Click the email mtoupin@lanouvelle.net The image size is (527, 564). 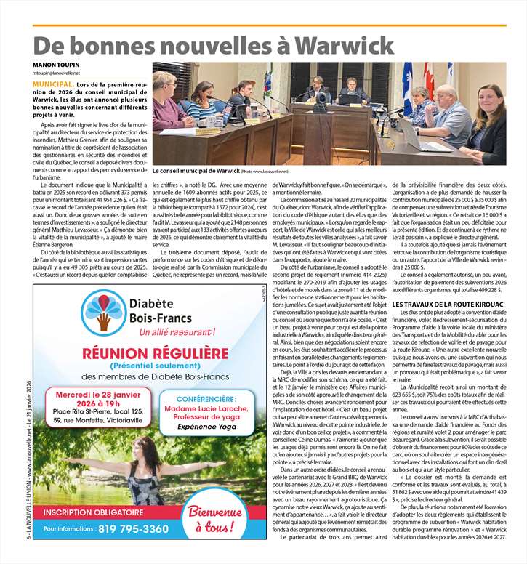point(56,73)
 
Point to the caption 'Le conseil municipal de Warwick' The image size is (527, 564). point(195,170)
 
